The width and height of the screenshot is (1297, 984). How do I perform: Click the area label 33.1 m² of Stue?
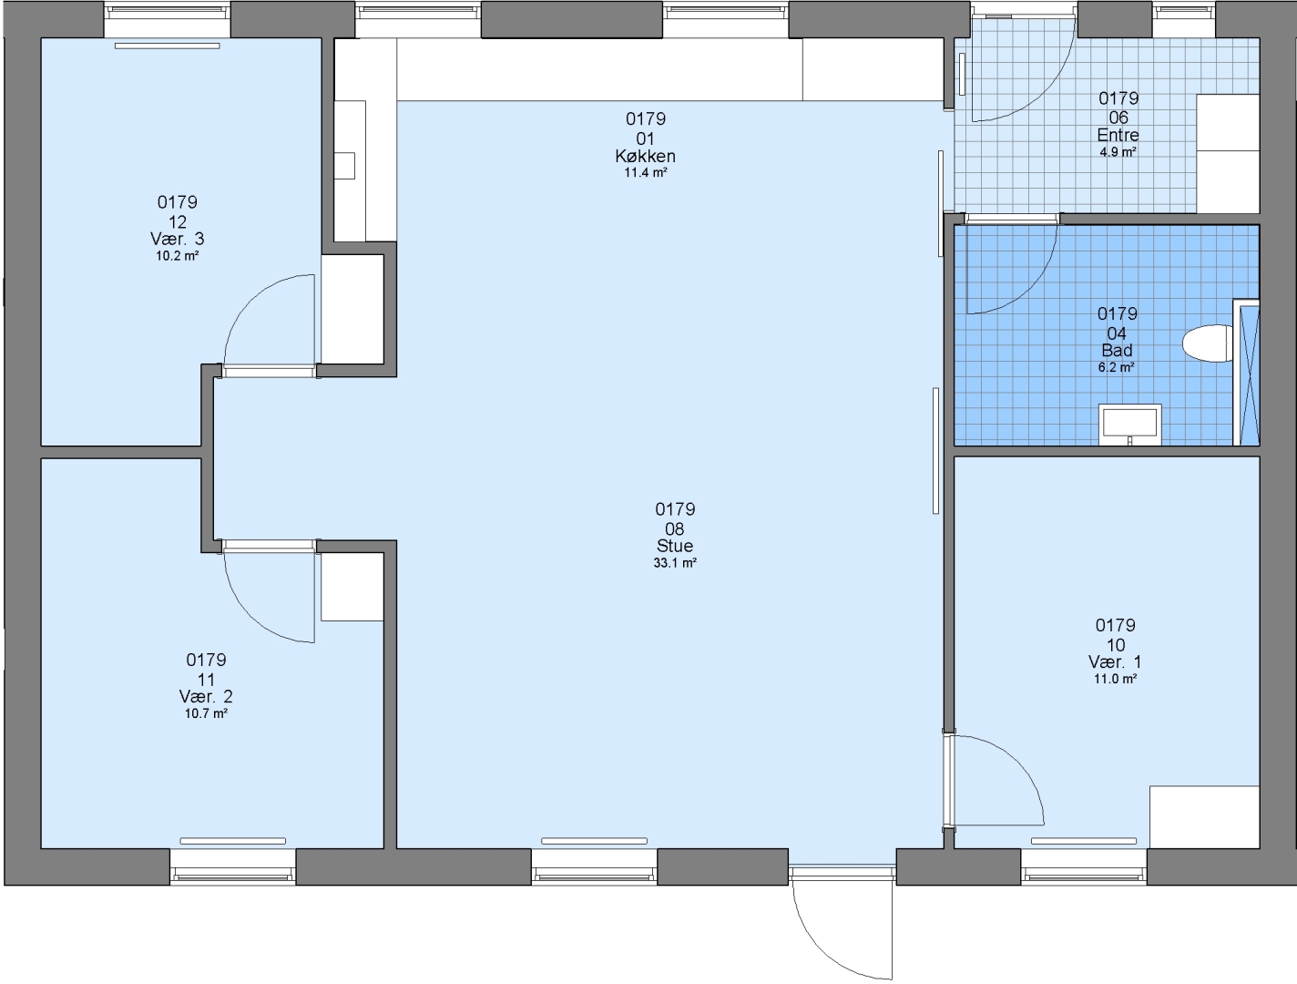pyautogui.click(x=675, y=563)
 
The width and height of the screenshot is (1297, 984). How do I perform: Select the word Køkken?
pyautogui.click(x=645, y=156)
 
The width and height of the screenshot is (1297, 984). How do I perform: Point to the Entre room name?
pyautogui.click(x=1118, y=135)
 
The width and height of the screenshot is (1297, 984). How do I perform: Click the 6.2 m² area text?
pyautogui.click(x=1116, y=367)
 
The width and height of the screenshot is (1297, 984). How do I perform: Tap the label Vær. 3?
pyautogui.click(x=178, y=239)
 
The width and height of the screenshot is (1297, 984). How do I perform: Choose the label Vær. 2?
pyautogui.click(x=206, y=696)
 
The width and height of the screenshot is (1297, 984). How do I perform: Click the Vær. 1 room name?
pyautogui.click(x=1115, y=661)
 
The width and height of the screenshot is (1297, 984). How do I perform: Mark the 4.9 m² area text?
pyautogui.click(x=1118, y=152)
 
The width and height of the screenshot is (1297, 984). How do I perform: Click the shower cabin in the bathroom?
pyautogui.click(x=1246, y=373)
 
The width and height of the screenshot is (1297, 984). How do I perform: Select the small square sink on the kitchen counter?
pyautogui.click(x=344, y=166)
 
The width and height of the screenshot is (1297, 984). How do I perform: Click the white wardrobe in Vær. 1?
pyautogui.click(x=1205, y=817)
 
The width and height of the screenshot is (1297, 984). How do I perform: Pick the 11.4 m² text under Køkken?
pyautogui.click(x=646, y=172)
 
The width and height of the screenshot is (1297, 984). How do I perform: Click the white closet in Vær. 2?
pyautogui.click(x=352, y=587)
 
